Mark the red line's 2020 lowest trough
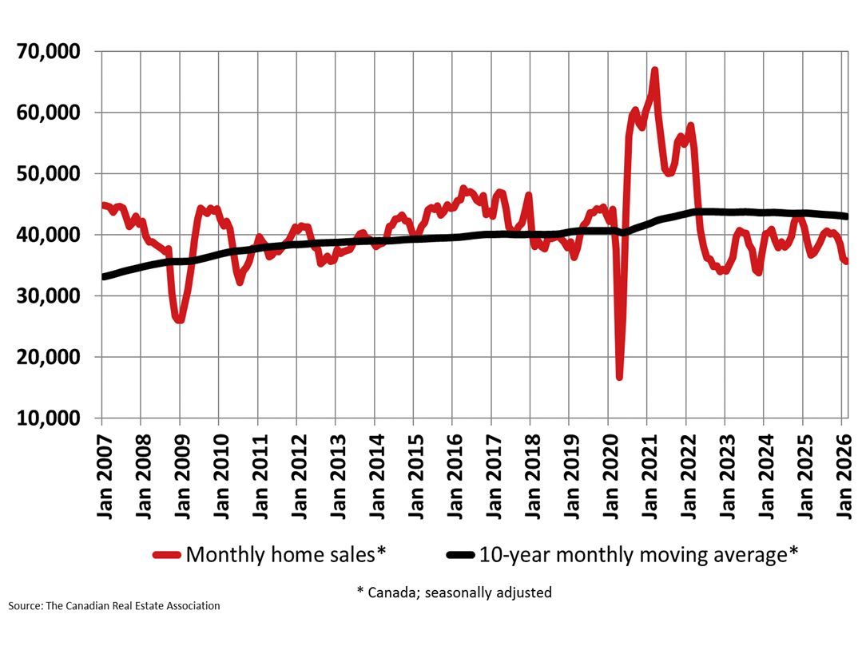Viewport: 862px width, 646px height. coord(619,376)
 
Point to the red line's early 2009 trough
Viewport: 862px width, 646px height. coord(180,320)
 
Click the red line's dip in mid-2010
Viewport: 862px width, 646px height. coord(240,282)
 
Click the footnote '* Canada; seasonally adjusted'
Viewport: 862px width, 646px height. coord(454,592)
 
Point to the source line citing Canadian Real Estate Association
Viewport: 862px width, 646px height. coord(114,606)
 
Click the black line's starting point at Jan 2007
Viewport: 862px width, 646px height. coord(103,276)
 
